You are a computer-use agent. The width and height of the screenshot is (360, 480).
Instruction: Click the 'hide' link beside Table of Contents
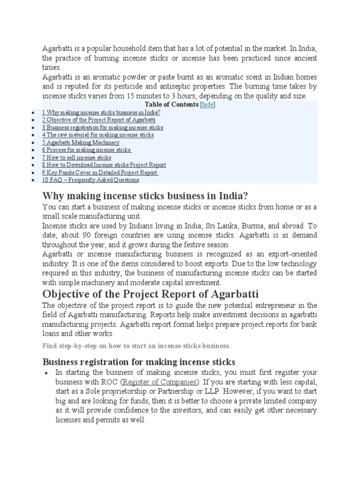208,105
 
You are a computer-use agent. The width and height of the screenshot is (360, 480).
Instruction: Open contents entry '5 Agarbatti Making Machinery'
81,142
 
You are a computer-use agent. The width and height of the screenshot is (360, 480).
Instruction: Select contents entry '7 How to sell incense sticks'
76,157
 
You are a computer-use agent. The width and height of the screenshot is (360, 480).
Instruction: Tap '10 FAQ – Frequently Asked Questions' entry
90,180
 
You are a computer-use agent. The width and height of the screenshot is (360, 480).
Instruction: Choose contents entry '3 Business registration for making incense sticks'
103,127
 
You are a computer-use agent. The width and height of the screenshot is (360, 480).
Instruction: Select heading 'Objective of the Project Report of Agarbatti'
150,294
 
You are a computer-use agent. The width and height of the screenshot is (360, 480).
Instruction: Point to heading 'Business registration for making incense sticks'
139,362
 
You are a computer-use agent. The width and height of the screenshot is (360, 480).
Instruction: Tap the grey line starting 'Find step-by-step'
136,346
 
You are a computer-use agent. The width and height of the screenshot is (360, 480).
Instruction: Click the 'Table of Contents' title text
172,105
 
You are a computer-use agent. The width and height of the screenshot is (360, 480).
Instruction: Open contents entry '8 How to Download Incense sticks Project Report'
104,165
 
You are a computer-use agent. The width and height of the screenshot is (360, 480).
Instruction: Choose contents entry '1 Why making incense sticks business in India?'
101,112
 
